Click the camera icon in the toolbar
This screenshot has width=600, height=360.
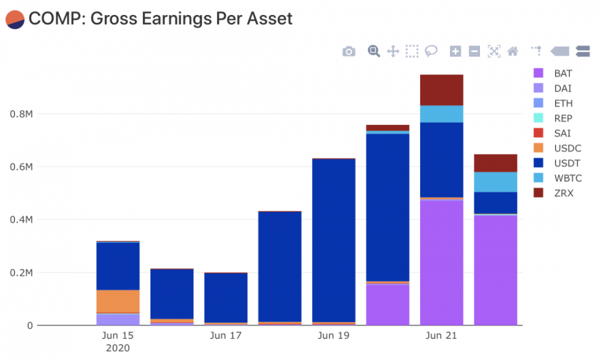[x=349, y=52]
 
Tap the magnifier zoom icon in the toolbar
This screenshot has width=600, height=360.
[x=374, y=51]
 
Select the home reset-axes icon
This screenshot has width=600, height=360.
[x=512, y=52]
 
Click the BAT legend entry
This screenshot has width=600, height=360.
[x=563, y=73]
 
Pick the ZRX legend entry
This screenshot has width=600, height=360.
[x=563, y=193]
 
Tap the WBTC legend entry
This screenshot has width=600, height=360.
[x=565, y=178]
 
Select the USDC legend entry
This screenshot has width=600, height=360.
[x=565, y=148]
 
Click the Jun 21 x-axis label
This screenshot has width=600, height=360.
[x=442, y=336]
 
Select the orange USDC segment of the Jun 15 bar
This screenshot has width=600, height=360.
[x=118, y=301]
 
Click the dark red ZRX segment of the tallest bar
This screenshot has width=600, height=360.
[x=442, y=90]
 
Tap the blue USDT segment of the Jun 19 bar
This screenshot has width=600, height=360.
[x=334, y=240]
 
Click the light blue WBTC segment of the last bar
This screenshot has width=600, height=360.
[x=496, y=182]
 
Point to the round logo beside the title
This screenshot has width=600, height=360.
[x=14, y=19]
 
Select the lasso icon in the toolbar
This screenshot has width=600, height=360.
[x=431, y=52]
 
